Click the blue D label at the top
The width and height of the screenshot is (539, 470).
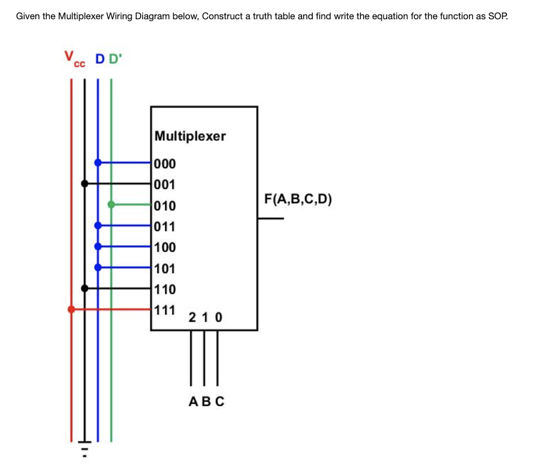[x=99, y=59]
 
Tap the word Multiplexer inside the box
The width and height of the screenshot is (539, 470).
[x=190, y=136]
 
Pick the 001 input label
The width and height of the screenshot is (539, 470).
[x=164, y=185]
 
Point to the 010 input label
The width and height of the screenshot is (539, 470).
[x=164, y=206]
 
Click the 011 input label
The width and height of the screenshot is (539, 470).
[x=164, y=226]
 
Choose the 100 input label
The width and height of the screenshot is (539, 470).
[x=164, y=247]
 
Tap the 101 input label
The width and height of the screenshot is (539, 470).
[x=164, y=268]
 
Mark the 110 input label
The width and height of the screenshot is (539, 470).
[x=164, y=289]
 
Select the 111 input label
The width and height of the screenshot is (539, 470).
[x=164, y=310]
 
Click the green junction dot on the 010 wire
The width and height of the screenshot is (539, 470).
[x=111, y=204]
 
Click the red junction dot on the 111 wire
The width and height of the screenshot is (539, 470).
[x=71, y=309]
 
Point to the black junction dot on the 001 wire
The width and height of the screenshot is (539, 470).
[x=84, y=183]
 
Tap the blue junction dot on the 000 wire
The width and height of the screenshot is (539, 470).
[x=97, y=162]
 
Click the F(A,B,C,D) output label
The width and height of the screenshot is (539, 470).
[x=298, y=200]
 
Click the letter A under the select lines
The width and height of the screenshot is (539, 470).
[x=194, y=401]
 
